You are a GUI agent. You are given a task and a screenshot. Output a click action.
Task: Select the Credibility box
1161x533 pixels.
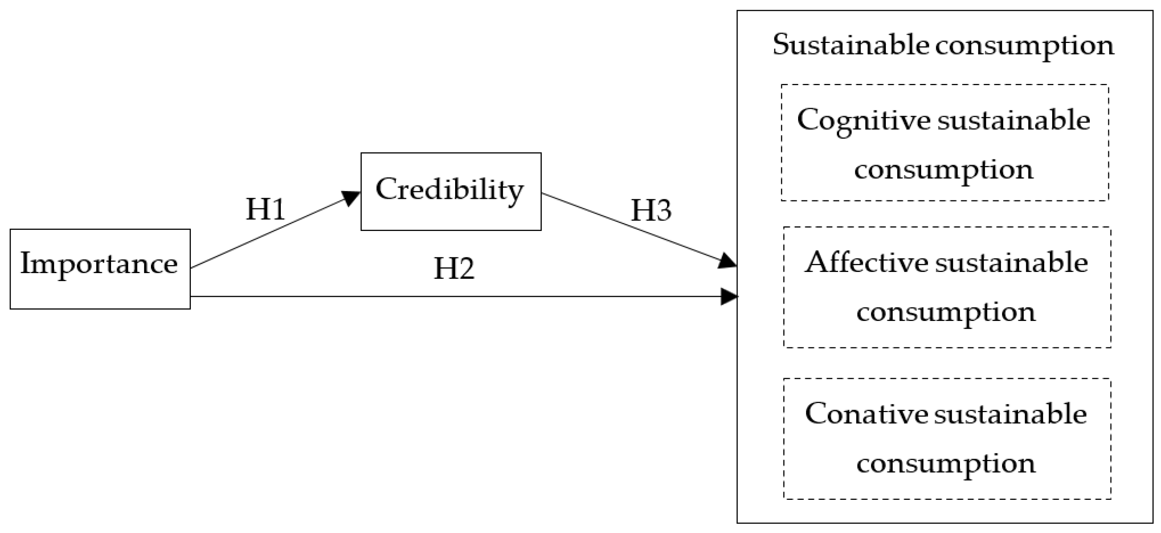[450, 191]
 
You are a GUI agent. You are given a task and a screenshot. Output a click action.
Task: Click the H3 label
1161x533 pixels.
[651, 211]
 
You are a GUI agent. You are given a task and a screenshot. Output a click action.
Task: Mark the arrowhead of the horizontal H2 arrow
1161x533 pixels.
[729, 296]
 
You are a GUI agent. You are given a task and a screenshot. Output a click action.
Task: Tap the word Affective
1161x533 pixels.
[866, 263]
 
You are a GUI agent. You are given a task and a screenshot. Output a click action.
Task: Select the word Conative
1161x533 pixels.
[866, 414]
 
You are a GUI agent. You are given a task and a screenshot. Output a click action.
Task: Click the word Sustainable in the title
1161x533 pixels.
[850, 45]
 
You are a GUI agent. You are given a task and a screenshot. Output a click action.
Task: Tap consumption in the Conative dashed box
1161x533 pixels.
[946, 464]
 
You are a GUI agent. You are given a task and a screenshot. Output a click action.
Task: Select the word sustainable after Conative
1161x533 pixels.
[1010, 414]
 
